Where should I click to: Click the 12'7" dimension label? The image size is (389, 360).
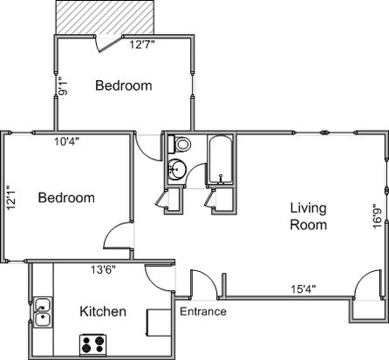point(142,44)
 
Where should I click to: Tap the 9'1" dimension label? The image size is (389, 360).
point(63,86)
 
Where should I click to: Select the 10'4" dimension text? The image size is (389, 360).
point(67,141)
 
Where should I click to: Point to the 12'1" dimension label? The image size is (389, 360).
point(12,198)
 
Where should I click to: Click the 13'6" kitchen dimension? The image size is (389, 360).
point(104,269)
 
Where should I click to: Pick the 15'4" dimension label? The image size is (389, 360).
point(304,289)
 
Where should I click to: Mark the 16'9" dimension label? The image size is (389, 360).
point(378,216)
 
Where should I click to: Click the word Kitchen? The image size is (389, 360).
point(103,311)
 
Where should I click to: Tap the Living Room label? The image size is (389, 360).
point(309,216)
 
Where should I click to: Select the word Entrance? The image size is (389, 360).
point(203,311)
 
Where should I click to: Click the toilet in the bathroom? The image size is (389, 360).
point(180,144)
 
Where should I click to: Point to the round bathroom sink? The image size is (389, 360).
point(177,168)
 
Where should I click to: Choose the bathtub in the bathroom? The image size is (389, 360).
point(221,160)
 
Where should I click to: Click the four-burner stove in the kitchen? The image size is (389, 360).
point(93,344)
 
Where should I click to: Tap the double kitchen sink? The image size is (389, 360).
point(43,312)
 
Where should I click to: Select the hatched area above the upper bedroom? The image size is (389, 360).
point(105,17)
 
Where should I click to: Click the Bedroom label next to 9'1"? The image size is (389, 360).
point(124,85)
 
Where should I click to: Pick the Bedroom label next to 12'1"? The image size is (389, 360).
point(66,198)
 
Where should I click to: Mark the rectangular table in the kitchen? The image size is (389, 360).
point(159,323)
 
